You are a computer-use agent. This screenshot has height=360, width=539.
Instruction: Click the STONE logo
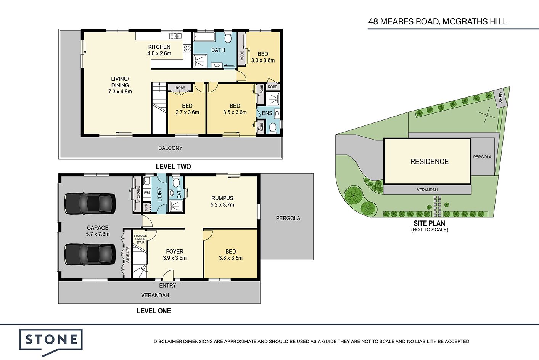tap(51, 341)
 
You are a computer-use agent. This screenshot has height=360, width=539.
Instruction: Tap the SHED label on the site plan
tap(501, 97)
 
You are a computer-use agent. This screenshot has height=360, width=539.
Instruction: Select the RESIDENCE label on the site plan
tap(429, 162)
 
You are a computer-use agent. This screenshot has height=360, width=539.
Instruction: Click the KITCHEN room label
tap(159, 47)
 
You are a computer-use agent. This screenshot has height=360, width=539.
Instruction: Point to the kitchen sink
tap(175, 36)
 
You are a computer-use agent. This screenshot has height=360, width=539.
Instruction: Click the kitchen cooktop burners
tap(187, 48)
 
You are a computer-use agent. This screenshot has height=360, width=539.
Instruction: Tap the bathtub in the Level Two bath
tap(204, 37)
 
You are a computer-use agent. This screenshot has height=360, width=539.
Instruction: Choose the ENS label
tap(267, 113)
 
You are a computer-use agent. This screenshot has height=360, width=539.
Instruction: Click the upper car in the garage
tap(90, 203)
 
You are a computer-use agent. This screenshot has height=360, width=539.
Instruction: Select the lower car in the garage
tap(90, 254)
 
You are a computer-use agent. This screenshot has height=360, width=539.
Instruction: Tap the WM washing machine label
tap(146, 193)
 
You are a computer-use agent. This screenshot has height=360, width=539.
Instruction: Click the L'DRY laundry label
tap(159, 194)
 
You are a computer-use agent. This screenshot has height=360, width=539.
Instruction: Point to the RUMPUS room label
tap(222, 198)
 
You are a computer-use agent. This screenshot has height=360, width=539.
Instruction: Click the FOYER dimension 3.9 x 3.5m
tap(175, 258)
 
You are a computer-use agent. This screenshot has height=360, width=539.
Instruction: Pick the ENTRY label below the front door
tap(168, 286)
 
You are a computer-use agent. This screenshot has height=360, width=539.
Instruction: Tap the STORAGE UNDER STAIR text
tap(140, 239)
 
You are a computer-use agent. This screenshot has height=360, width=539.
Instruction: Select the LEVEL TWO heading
tap(173, 166)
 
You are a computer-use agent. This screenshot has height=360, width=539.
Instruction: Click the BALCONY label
tap(171, 148)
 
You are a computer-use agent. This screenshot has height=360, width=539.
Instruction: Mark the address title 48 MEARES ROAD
tap(403, 21)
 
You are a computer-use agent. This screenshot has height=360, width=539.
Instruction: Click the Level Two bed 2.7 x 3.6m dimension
tap(187, 112)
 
